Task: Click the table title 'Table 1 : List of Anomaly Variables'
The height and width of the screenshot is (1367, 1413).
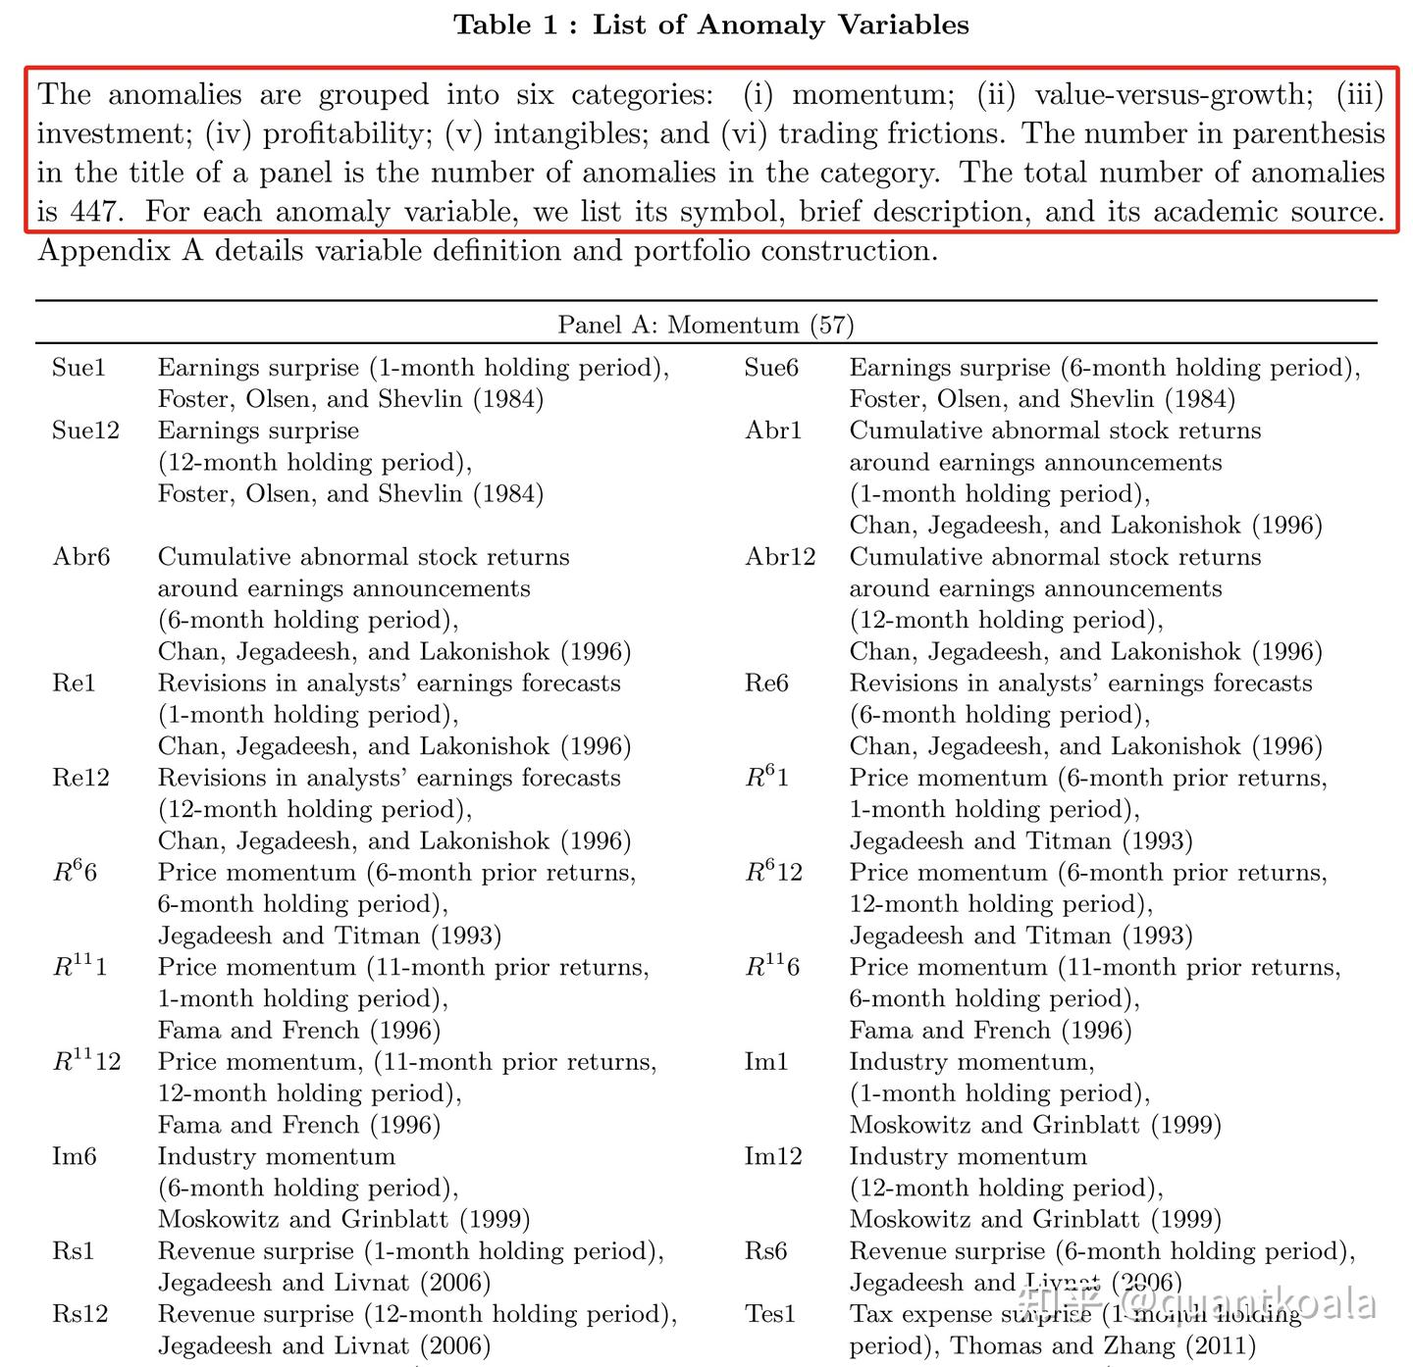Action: [x=710, y=25]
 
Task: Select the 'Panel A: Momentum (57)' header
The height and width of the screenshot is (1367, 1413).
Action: [x=706, y=325]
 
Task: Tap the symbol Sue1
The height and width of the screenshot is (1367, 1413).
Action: [x=78, y=368]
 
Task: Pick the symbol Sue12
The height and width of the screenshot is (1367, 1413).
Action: [x=85, y=430]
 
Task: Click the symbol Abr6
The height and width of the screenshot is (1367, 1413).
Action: [x=81, y=557]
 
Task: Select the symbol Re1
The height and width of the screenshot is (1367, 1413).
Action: [x=75, y=683]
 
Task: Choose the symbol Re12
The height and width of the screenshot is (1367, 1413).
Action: [x=80, y=778]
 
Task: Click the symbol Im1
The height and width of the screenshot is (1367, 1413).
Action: [x=766, y=1062]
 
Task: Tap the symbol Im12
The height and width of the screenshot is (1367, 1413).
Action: [x=773, y=1156]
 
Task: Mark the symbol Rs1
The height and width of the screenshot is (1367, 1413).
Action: [x=74, y=1251]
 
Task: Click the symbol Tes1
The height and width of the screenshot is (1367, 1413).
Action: [x=770, y=1314]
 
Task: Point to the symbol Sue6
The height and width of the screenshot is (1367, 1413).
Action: [x=771, y=368]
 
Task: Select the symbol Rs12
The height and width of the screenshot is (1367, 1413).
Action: [x=79, y=1314]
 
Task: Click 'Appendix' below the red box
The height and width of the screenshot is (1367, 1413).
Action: [x=100, y=252]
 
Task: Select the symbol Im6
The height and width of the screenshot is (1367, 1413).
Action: [x=75, y=1156]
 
